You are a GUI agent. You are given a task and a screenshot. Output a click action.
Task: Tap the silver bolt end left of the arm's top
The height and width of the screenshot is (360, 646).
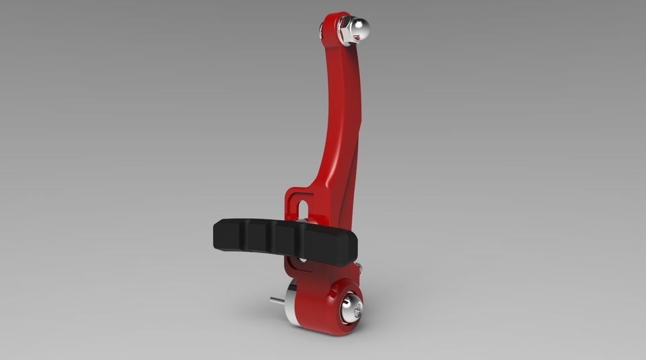[x=322, y=28]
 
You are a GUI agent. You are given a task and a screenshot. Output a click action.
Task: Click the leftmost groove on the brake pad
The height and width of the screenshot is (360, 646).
[x=245, y=236]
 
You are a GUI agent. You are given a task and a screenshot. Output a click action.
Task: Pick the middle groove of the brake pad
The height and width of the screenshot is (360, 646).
[x=273, y=239]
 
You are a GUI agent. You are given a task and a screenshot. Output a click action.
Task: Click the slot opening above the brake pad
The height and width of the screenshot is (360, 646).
[x=301, y=205]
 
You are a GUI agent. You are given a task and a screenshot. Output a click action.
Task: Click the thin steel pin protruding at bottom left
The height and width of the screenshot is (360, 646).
[x=277, y=301]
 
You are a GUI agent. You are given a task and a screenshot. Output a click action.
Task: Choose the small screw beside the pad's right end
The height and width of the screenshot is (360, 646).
[x=360, y=268]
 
